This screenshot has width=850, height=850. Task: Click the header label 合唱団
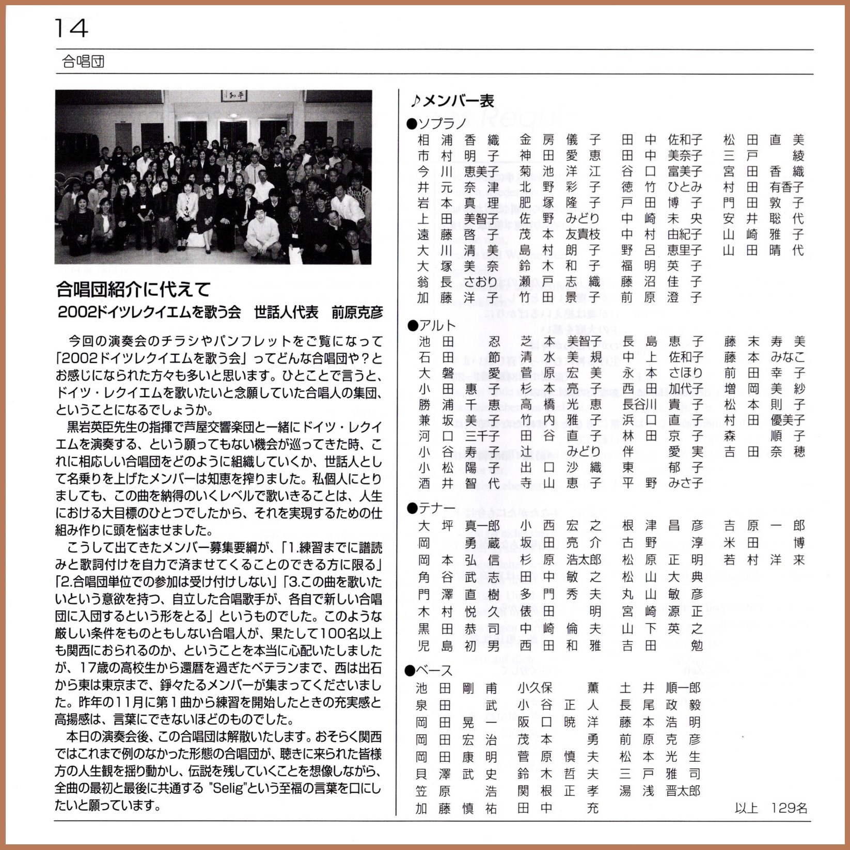coord(83,62)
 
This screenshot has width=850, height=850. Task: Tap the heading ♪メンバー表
coord(452,101)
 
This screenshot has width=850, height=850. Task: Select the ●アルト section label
coord(432,325)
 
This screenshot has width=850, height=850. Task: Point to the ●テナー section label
coord(432,509)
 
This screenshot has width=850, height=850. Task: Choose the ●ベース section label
coord(430,671)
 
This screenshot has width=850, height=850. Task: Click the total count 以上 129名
coord(770,808)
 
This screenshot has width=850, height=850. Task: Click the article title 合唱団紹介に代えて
coord(133,290)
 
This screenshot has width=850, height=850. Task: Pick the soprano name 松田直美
coord(763,140)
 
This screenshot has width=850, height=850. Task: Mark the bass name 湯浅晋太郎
coord(660,791)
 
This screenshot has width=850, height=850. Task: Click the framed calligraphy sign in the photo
coord(235,96)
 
